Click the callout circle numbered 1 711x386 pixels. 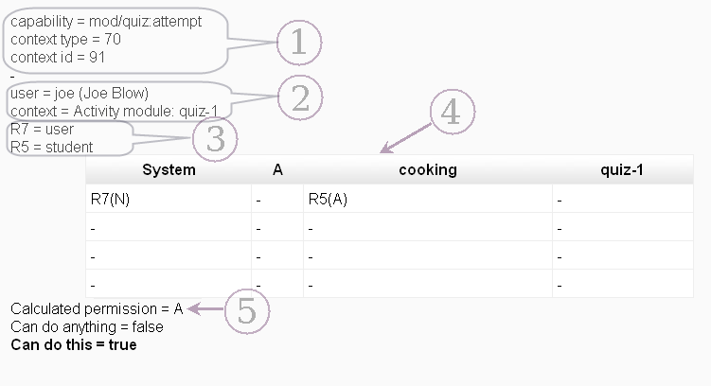pyautogui.click(x=298, y=43)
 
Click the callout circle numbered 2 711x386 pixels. pyautogui.click(x=300, y=98)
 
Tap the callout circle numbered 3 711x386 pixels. pyautogui.click(x=215, y=139)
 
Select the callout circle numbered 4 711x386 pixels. pyautogui.click(x=452, y=113)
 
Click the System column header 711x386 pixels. pyautogui.click(x=169, y=170)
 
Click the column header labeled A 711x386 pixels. pyautogui.click(x=277, y=170)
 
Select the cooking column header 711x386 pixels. pyautogui.click(x=428, y=170)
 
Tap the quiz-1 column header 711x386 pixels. pyautogui.click(x=622, y=170)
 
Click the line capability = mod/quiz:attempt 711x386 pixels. pyautogui.click(x=106, y=22)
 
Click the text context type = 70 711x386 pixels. pyautogui.click(x=65, y=40)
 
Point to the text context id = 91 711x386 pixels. pyautogui.click(x=58, y=58)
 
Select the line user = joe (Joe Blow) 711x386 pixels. pyautogui.click(x=80, y=93)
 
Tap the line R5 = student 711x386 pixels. pyautogui.click(x=52, y=147)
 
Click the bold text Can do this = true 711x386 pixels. pyautogui.click(x=74, y=344)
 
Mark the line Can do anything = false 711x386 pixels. pyautogui.click(x=87, y=327)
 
